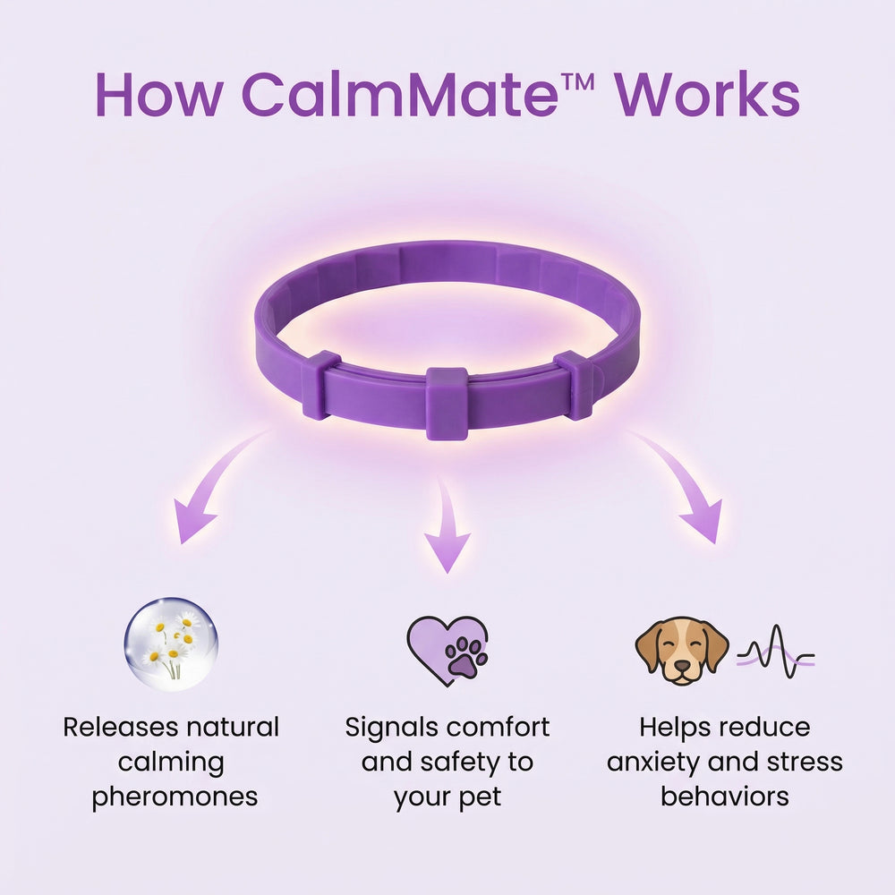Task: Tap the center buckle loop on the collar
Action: [447, 402]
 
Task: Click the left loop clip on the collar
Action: [320, 385]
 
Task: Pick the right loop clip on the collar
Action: [575, 385]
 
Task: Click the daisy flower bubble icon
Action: [170, 644]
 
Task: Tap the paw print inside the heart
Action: [465, 659]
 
